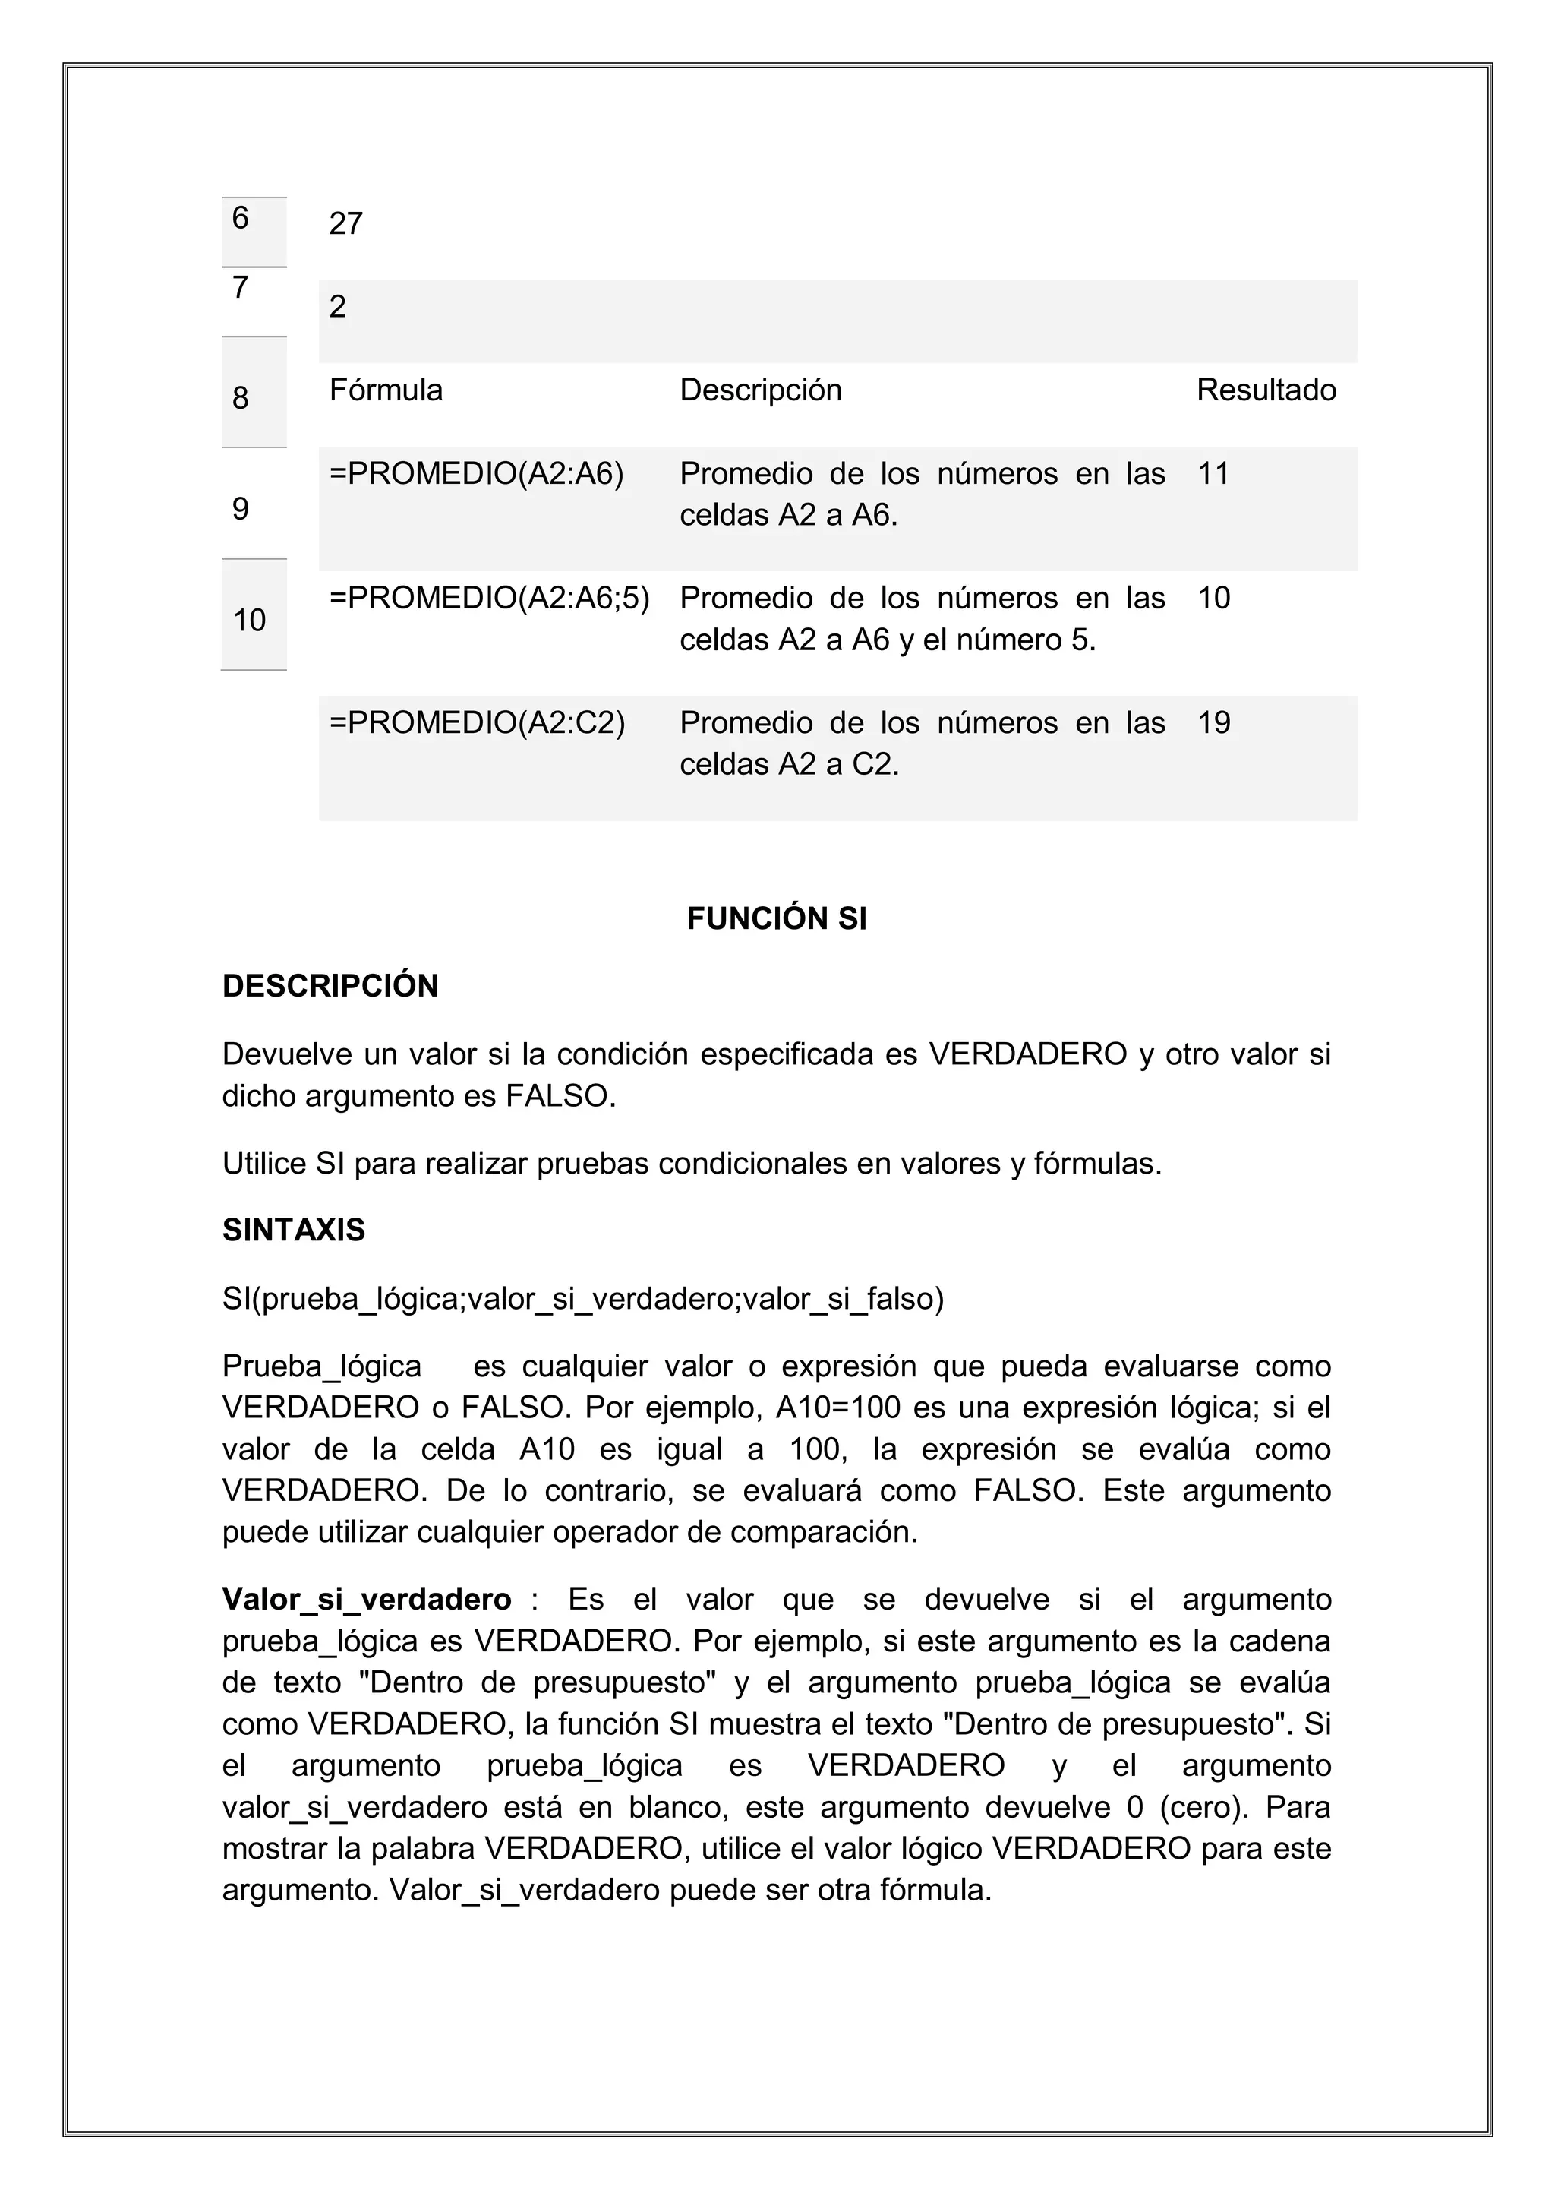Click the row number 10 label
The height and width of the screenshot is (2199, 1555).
(x=250, y=621)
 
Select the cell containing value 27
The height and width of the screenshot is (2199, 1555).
(x=345, y=224)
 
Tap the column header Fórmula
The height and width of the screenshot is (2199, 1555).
(x=386, y=390)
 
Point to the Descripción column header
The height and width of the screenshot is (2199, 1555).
(x=760, y=390)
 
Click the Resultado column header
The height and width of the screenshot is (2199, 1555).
(x=1266, y=390)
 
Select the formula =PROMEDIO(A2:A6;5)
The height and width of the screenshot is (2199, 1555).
(x=489, y=599)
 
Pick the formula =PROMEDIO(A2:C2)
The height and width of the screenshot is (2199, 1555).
(x=477, y=723)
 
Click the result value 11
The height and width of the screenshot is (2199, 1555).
(x=1213, y=474)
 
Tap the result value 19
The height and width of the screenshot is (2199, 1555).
(x=1213, y=723)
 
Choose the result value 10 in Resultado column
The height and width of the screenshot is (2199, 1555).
(x=1213, y=599)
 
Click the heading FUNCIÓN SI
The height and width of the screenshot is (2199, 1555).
(x=777, y=919)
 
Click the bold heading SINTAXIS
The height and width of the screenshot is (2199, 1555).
(x=294, y=1231)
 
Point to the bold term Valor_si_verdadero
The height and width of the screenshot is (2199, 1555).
(x=367, y=1600)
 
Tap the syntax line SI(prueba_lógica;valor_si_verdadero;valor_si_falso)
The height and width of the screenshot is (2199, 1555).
(x=583, y=1300)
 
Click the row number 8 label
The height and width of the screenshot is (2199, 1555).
(x=241, y=399)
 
